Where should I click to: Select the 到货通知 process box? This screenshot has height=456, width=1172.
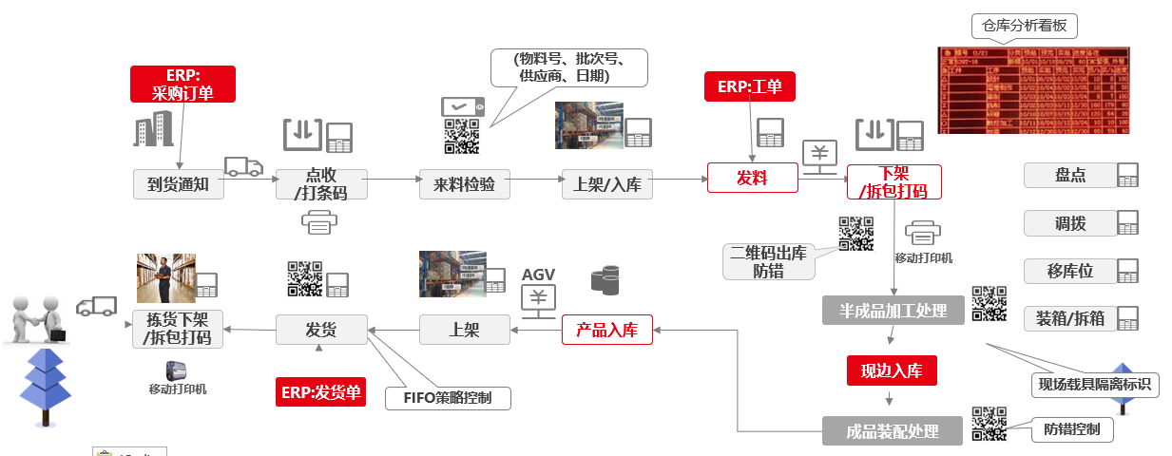click(x=179, y=184)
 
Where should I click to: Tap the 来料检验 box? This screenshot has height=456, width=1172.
click(x=465, y=184)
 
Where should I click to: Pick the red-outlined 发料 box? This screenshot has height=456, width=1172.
click(x=752, y=178)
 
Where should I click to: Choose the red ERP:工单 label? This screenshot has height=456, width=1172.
click(x=749, y=86)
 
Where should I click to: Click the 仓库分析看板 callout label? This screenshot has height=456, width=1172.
click(x=1025, y=26)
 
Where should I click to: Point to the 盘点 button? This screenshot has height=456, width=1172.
click(x=1069, y=176)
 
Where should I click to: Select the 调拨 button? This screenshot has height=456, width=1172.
click(x=1069, y=223)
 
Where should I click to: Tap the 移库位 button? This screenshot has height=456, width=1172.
click(x=1069, y=271)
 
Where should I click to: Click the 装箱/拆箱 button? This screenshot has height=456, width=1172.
click(x=1069, y=317)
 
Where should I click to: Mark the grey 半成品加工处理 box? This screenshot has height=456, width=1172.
click(x=893, y=310)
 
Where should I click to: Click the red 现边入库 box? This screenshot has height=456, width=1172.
click(x=892, y=370)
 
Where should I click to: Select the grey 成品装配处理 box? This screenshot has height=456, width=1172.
click(x=893, y=431)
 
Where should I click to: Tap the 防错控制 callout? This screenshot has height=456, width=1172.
click(x=1071, y=429)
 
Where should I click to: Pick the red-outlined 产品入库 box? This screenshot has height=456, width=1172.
click(x=606, y=330)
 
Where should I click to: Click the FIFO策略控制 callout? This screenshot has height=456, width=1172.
click(x=448, y=397)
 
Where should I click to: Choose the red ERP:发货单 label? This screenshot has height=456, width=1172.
click(x=320, y=391)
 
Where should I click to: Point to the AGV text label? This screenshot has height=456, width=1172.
click(x=538, y=275)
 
